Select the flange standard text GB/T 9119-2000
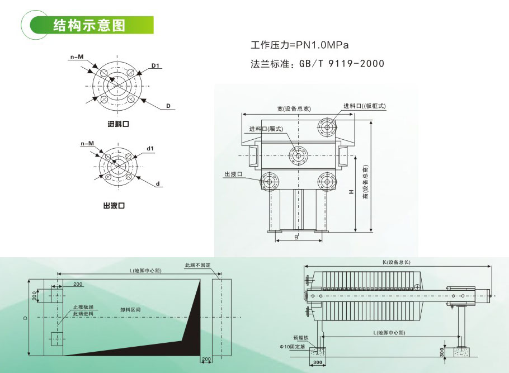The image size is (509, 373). click(342, 64)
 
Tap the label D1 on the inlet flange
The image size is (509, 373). click(156, 66)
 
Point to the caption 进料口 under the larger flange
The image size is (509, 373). click(118, 124)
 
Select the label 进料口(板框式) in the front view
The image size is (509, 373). click(365, 106)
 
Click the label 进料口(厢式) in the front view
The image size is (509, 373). click(267, 129)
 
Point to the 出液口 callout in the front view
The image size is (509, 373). click(233, 174)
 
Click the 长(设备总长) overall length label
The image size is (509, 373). click(397, 262)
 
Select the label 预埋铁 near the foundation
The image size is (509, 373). click(300, 338)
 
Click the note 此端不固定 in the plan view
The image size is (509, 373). click(197, 265)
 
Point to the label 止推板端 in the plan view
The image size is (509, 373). click(83, 307)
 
